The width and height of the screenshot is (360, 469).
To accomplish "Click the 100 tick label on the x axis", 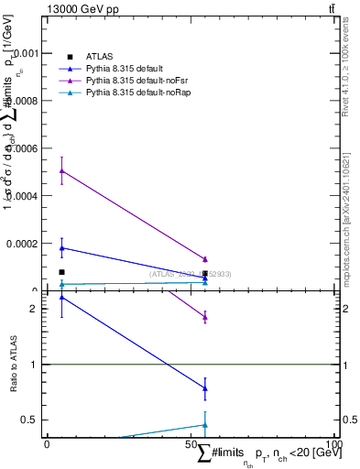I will tap(335, 444).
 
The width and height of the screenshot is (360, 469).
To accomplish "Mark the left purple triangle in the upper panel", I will tap(61, 170).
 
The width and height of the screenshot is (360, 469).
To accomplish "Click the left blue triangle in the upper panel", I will tap(61, 247).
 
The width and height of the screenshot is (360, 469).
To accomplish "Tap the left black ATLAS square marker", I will tap(61, 272).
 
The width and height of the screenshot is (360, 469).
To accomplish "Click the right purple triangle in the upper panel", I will tap(205, 259).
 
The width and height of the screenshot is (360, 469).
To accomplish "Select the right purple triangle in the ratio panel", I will tap(205, 317).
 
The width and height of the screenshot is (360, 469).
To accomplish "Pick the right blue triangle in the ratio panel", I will tap(205, 388).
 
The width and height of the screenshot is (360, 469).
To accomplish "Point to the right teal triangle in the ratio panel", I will tap(205, 424).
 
